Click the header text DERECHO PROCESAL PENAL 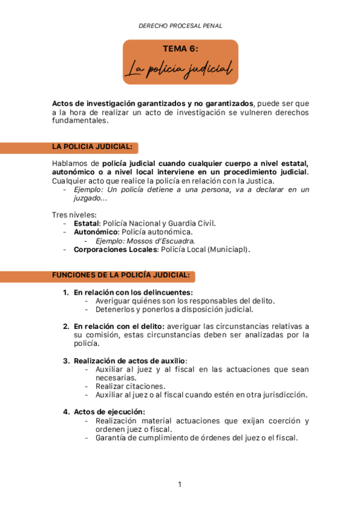(180, 26)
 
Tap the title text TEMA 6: (180, 49)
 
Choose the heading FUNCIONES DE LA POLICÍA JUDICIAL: (121, 275)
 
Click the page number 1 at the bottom (180, 484)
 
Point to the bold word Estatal (87, 223)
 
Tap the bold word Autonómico (96, 232)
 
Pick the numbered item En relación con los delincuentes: (133, 292)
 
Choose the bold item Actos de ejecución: (109, 412)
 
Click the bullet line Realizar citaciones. (130, 386)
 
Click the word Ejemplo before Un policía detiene (88, 189)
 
